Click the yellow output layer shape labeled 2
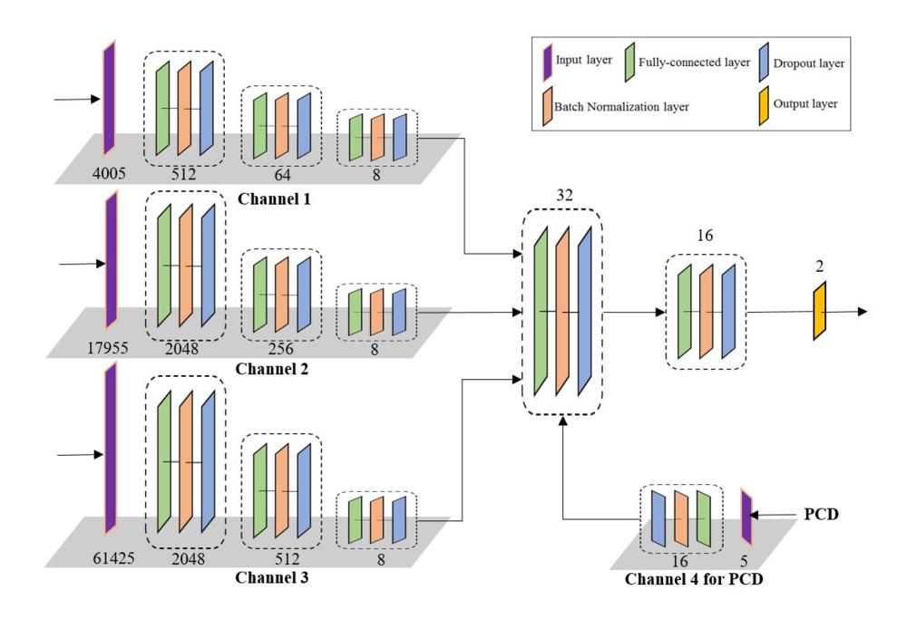820,311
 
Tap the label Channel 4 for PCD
694,576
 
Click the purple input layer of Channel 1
109,98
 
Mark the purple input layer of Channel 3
110,448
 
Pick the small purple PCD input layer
747,517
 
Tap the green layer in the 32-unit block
541,311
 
